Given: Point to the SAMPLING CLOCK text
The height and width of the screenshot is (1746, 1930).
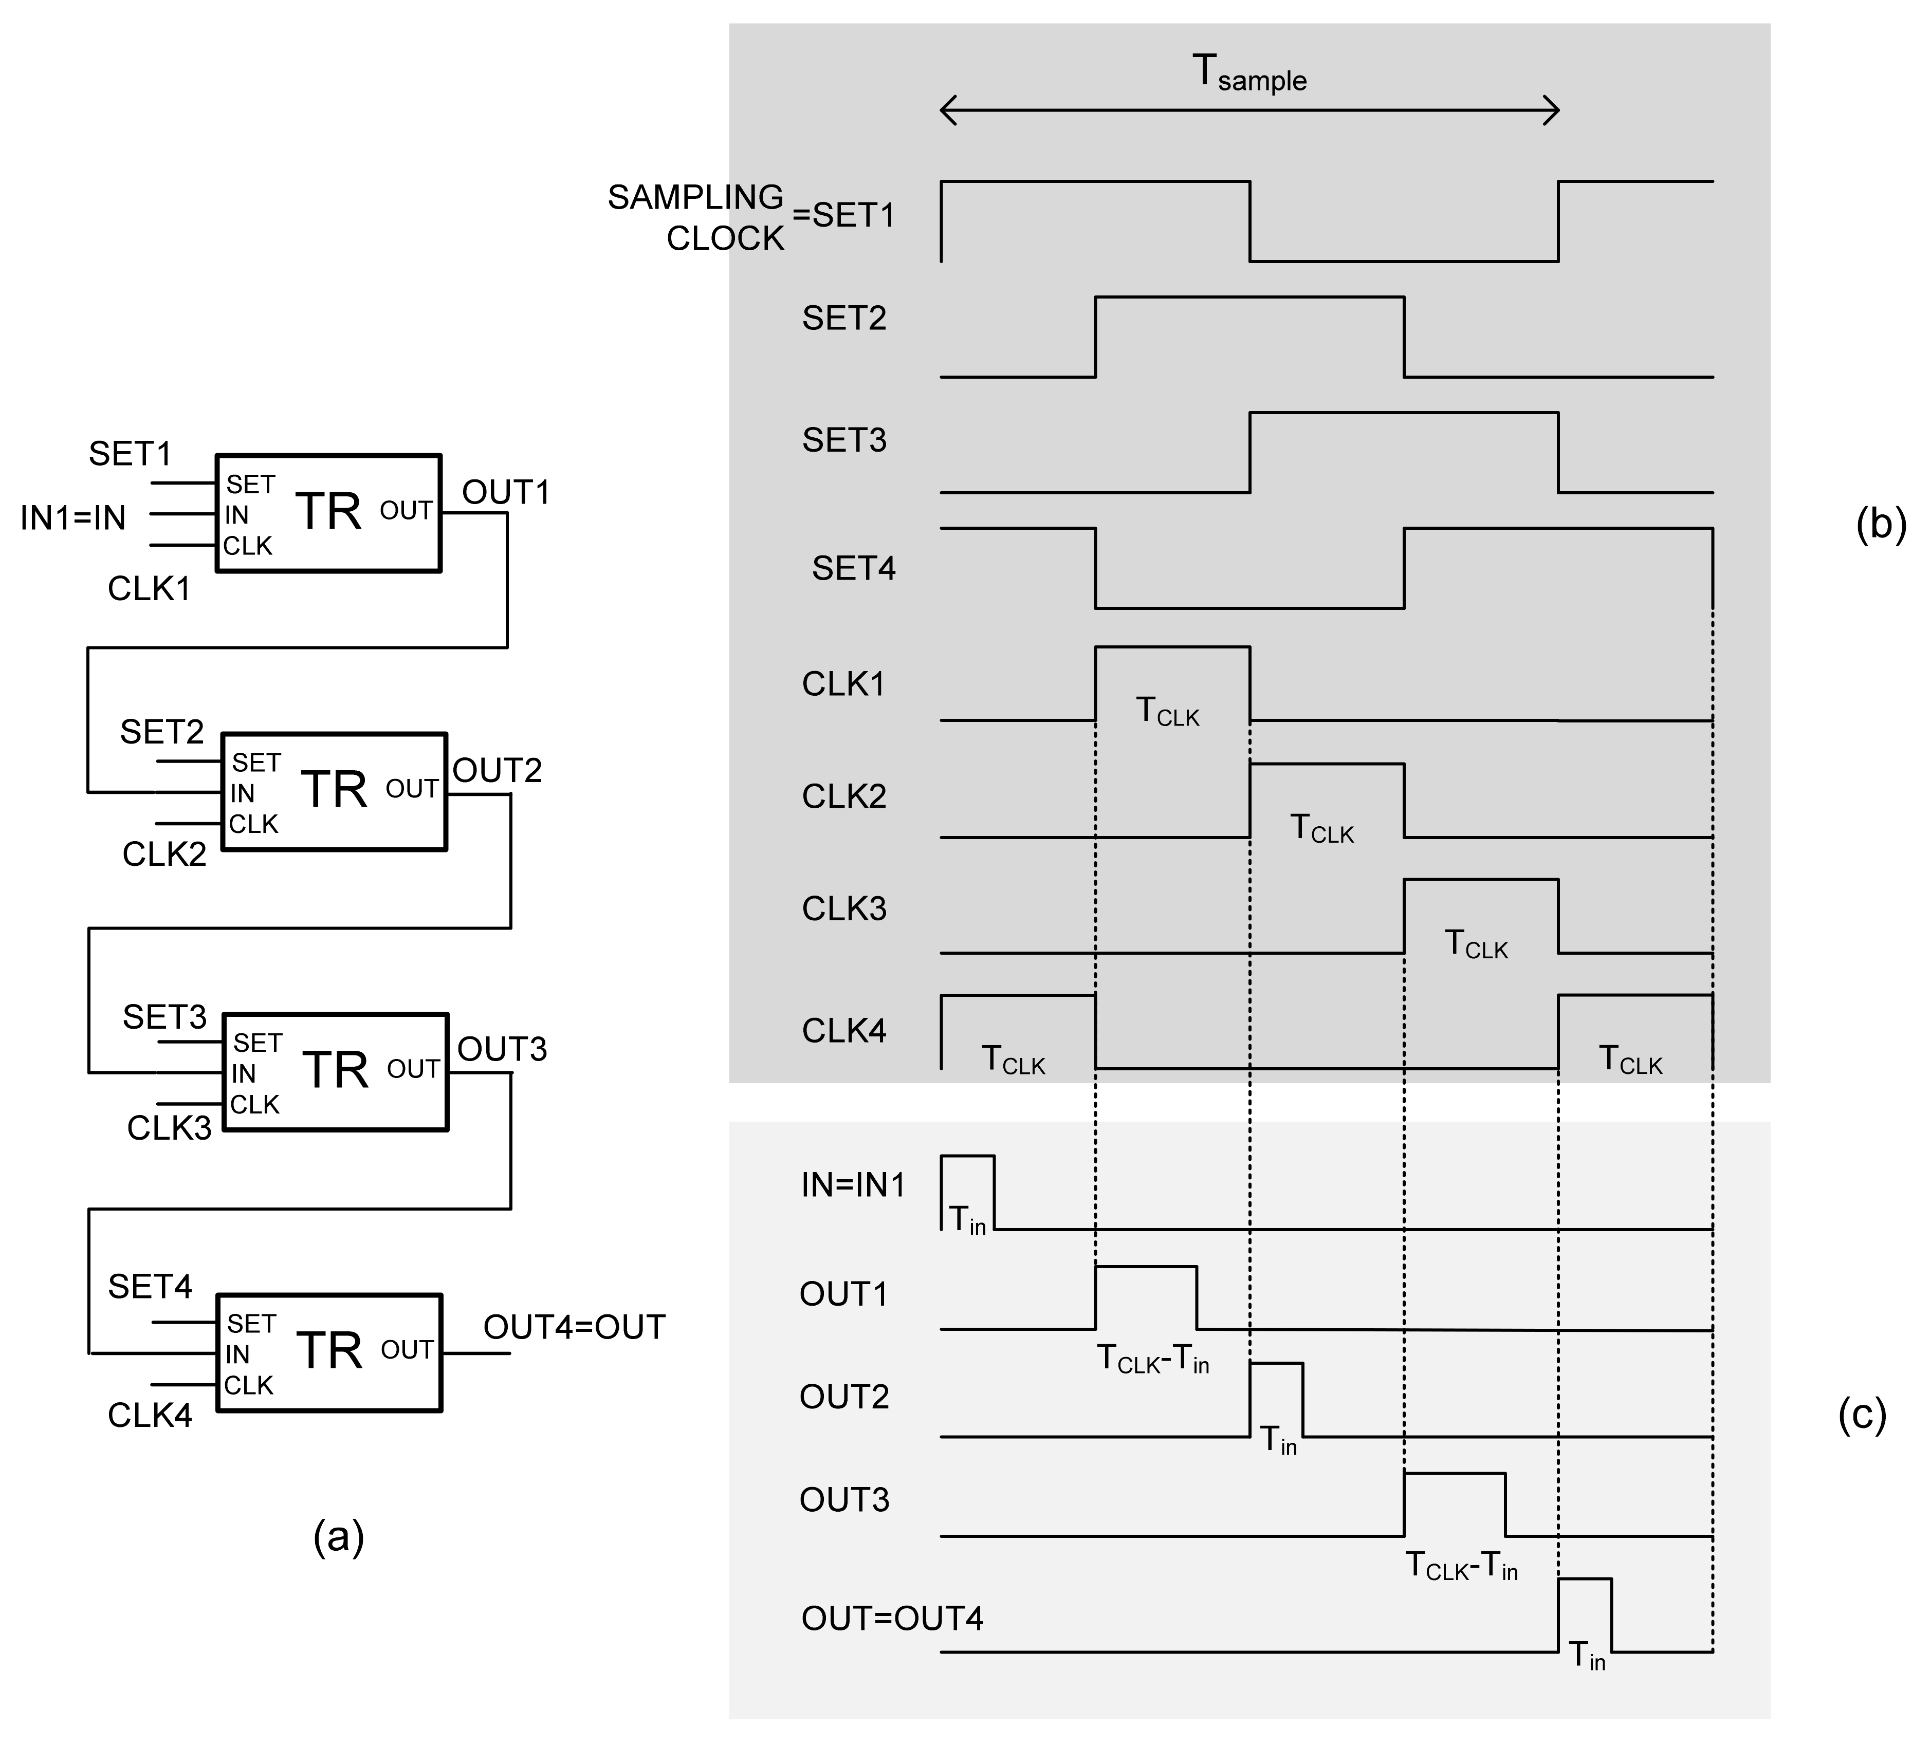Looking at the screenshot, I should click(x=697, y=217).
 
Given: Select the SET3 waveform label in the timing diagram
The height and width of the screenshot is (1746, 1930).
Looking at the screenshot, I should click(x=844, y=440).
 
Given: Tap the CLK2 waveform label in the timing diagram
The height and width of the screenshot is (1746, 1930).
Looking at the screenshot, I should click(x=844, y=796).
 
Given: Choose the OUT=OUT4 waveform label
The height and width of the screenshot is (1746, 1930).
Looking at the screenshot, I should click(x=892, y=1618).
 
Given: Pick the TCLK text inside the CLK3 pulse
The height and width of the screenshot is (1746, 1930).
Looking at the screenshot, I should click(x=1475, y=945).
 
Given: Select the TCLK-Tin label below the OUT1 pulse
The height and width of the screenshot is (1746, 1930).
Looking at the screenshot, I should click(x=1153, y=1359).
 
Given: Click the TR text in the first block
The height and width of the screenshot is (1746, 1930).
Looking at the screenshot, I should click(x=328, y=512).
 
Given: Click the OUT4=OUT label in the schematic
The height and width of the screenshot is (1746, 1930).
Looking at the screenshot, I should click(x=574, y=1328).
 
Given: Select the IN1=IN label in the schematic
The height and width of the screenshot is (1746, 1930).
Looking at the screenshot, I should click(x=73, y=518).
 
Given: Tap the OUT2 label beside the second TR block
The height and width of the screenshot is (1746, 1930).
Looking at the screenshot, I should click(x=497, y=771).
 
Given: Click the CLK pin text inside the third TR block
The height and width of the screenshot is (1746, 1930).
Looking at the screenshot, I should click(x=254, y=1105).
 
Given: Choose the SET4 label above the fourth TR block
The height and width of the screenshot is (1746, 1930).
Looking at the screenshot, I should click(x=150, y=1287).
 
